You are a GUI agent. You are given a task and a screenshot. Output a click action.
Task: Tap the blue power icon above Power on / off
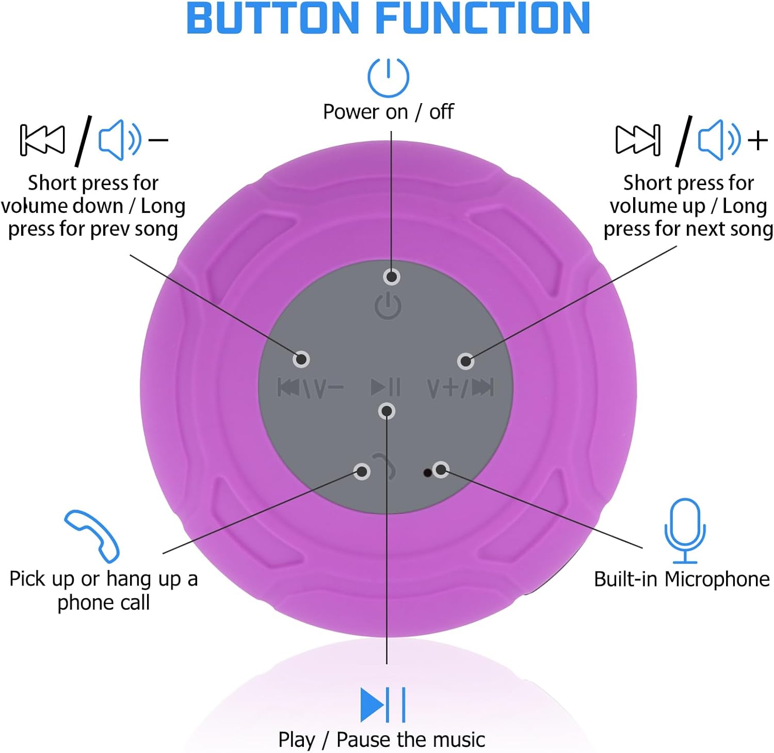click(x=388, y=77)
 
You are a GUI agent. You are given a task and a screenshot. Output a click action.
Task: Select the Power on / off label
click(x=388, y=112)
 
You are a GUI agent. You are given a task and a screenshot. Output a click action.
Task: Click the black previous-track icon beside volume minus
click(x=42, y=140)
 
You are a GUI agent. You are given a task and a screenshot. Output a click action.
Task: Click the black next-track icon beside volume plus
click(x=638, y=140)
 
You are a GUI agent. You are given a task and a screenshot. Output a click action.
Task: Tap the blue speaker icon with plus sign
click(x=719, y=140)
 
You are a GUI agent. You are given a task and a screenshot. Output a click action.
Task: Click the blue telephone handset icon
click(x=92, y=536)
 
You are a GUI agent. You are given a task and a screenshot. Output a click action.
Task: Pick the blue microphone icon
click(x=684, y=530)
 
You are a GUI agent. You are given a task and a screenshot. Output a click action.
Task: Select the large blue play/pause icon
click(x=382, y=705)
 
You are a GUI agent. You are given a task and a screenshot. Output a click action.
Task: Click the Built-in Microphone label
click(x=682, y=579)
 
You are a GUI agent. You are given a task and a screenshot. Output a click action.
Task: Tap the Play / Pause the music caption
click(x=381, y=740)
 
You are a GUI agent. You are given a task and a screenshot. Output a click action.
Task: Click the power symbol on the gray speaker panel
click(x=388, y=306)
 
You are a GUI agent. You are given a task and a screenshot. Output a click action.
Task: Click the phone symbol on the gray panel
click(x=384, y=466)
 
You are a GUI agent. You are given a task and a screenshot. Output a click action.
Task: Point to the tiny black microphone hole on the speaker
click(x=427, y=472)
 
